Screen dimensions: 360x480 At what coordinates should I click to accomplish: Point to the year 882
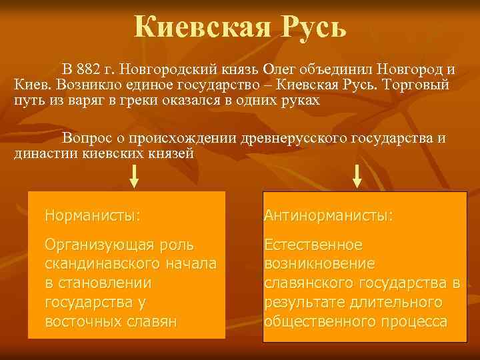coord(90,69)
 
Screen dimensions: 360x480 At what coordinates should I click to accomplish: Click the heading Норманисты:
coord(93,215)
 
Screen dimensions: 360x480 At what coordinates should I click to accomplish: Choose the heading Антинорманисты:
coord(329,215)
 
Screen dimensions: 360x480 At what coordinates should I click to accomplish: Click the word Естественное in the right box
coord(313,245)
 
